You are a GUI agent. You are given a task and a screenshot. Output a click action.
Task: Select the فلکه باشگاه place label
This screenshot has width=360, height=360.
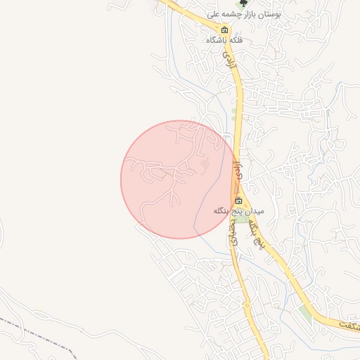tap(224, 40)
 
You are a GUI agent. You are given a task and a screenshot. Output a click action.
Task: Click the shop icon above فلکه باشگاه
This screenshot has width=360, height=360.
tap(224, 30)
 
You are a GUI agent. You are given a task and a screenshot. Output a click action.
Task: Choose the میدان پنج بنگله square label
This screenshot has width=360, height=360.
tap(238, 211)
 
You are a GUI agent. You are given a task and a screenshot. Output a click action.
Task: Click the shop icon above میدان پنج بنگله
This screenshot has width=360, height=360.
tap(238, 201)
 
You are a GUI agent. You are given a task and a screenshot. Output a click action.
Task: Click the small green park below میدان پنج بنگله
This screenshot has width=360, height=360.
tap(243, 220)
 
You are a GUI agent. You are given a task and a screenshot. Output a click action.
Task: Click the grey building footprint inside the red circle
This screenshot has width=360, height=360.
tap(205, 165)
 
